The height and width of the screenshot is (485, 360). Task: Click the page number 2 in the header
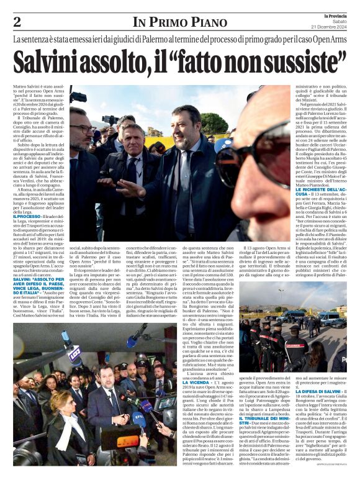(x=17, y=22)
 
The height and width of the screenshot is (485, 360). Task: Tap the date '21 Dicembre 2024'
(x=336, y=27)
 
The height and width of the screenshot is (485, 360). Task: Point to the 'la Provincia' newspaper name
(x=336, y=15)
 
